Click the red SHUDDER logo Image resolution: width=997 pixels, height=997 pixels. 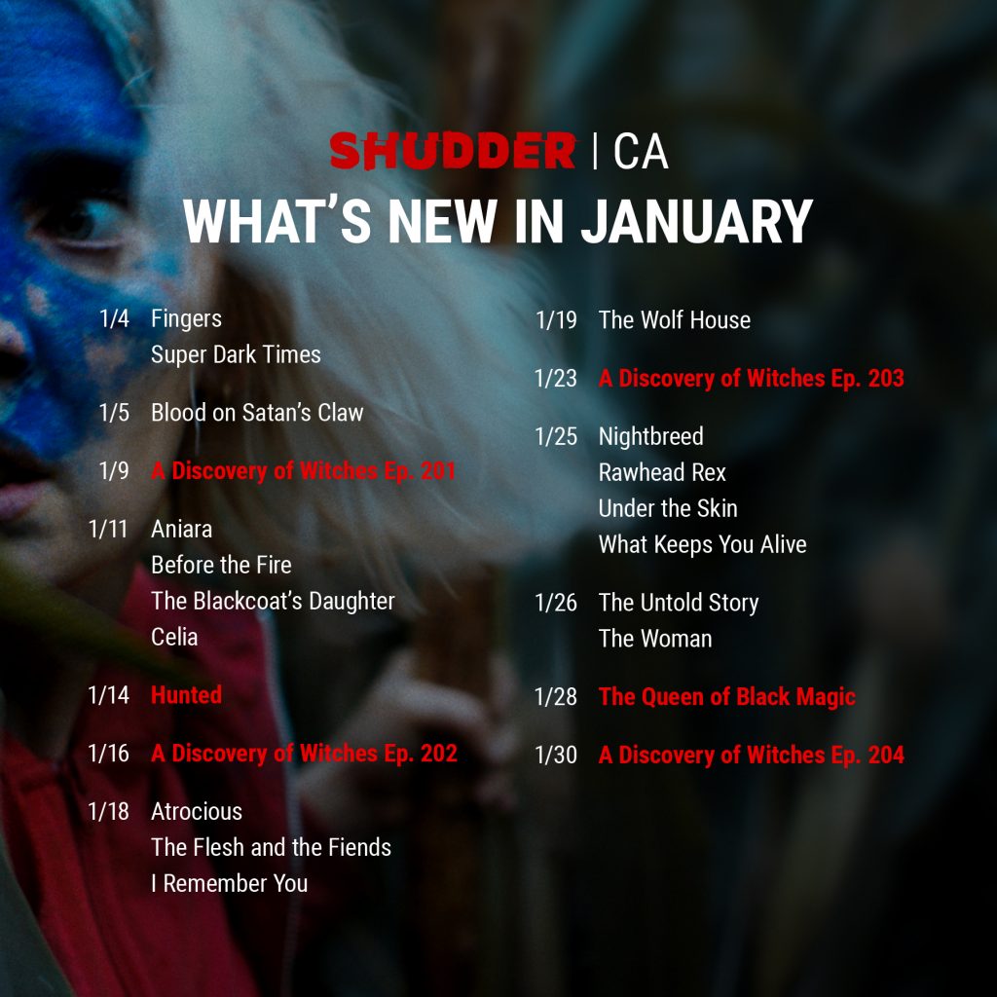pos(452,151)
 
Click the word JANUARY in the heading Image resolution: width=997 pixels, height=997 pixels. pos(697,221)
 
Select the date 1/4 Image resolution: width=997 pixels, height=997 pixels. pos(115,318)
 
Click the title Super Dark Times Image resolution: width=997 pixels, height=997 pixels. pos(236,354)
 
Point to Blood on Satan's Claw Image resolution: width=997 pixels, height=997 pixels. pos(257,413)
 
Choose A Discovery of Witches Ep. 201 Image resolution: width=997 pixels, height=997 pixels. pos(304,471)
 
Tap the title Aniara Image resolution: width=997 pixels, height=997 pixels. pos(181,529)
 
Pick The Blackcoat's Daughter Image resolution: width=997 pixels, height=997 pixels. pos(273,602)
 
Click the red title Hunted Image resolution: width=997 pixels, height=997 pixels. pos(186,695)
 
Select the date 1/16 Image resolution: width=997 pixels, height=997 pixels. pos(109,754)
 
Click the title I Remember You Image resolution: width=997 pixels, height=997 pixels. pos(230,883)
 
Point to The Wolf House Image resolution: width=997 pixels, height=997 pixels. pos(675,319)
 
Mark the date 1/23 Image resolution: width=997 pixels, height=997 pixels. pos(556,379)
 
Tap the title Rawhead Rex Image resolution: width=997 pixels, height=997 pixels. pos(662,472)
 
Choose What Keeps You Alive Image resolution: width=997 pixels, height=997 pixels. pos(703,545)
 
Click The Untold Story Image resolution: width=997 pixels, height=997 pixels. pos(679,603)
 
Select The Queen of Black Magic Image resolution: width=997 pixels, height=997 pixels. pos(727,697)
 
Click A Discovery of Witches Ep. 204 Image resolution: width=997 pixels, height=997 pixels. pos(752,755)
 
